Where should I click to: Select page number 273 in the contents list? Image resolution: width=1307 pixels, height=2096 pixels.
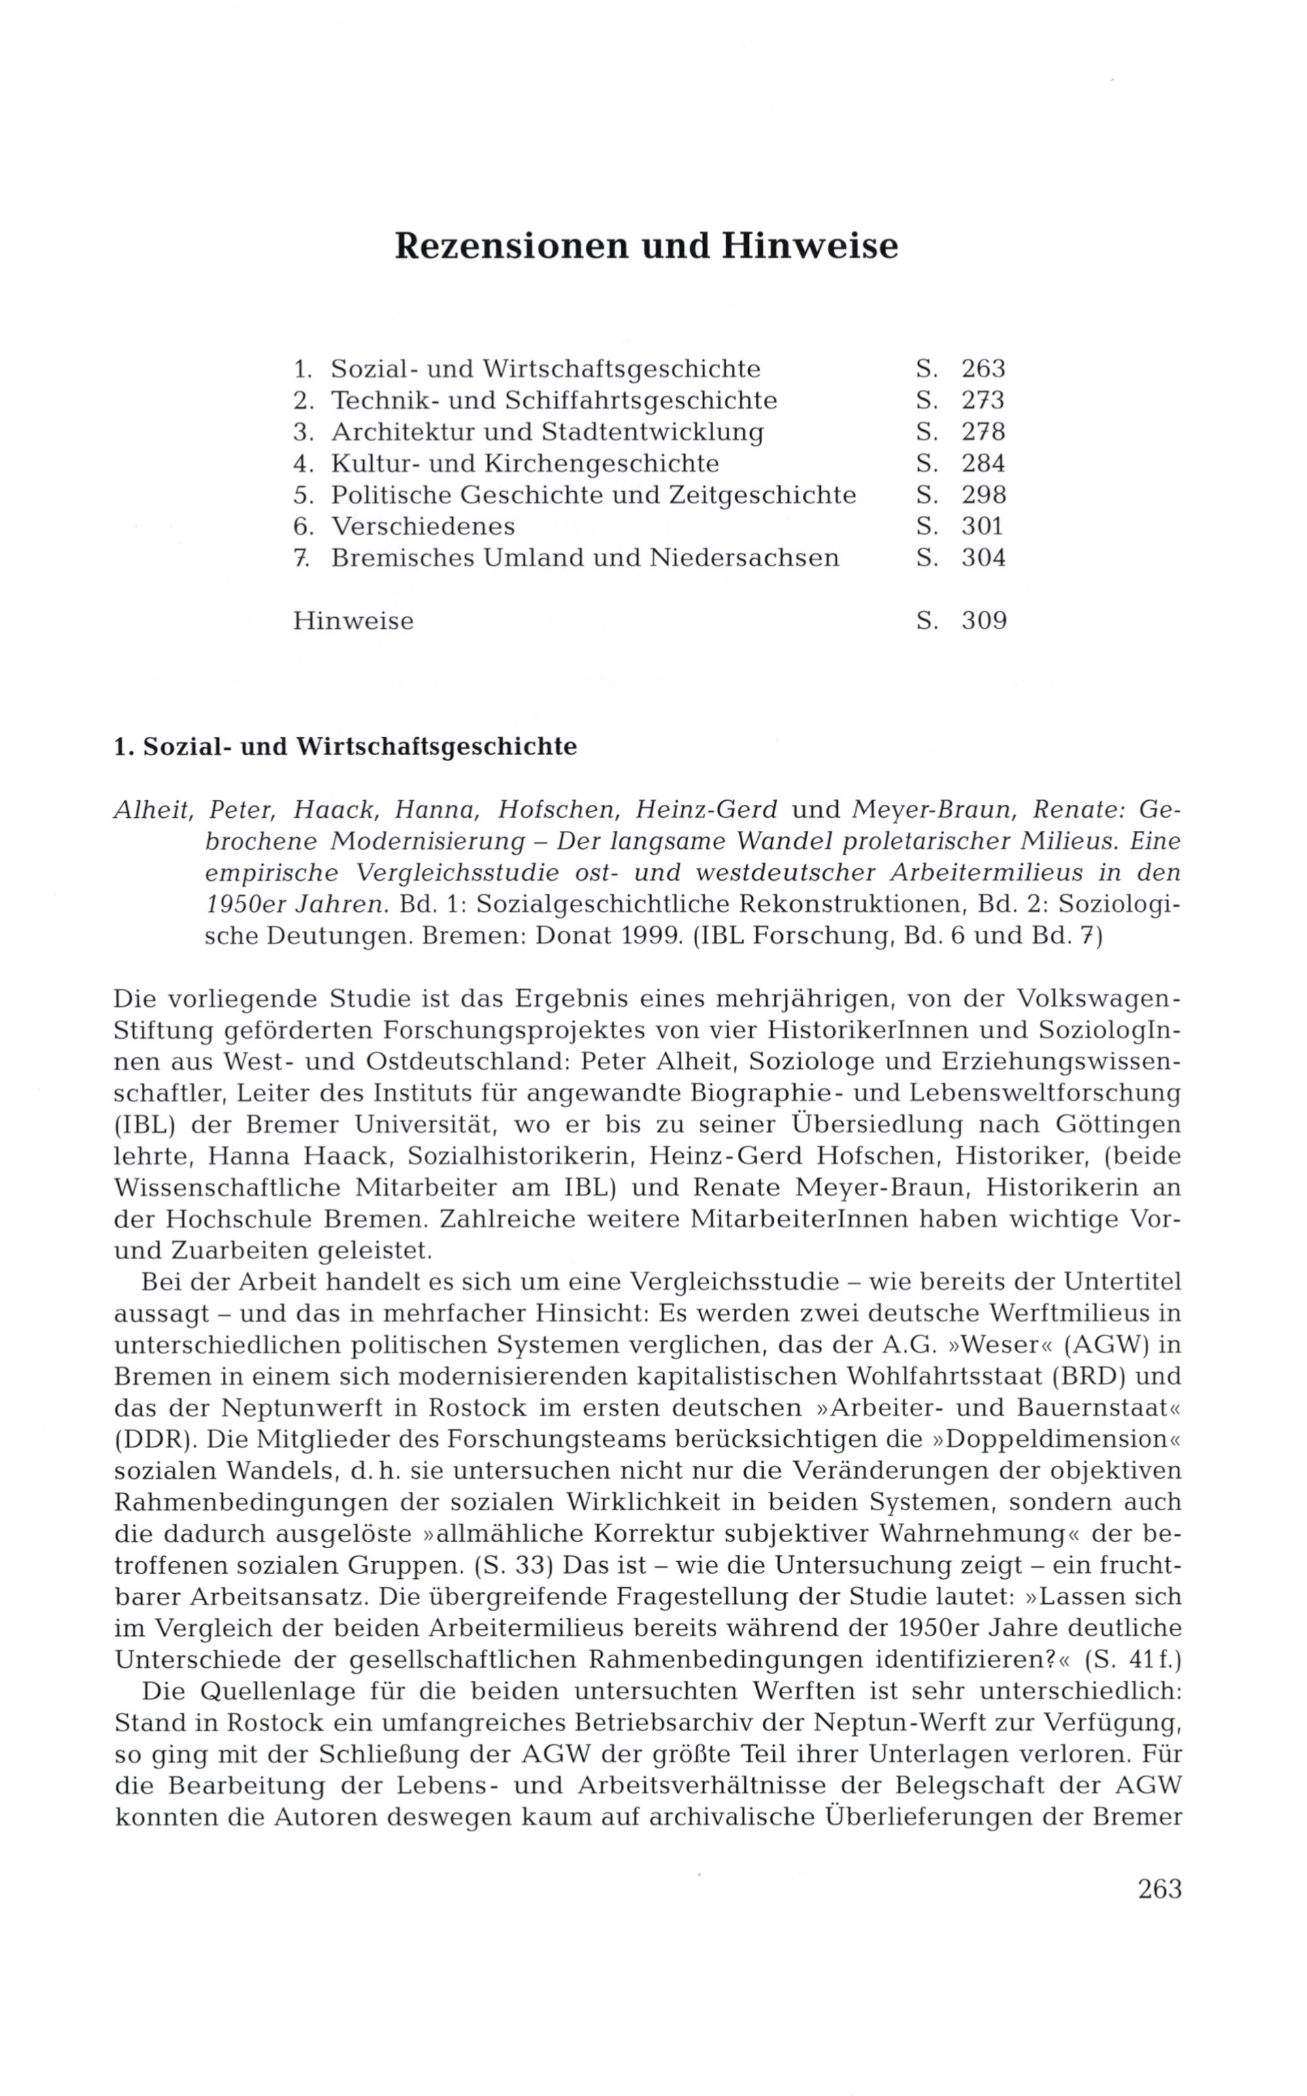(984, 400)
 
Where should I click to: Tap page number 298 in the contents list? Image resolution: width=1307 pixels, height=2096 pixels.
(984, 496)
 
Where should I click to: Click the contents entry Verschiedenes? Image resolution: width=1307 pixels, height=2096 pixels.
(423, 526)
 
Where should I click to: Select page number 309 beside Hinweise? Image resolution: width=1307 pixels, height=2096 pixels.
(984, 621)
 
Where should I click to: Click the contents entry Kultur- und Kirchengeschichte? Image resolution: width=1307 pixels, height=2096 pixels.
(525, 464)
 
